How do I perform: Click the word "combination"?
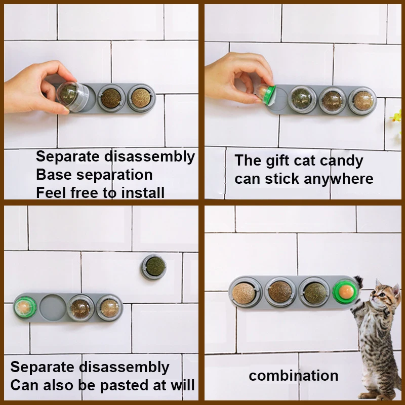(x=294, y=376)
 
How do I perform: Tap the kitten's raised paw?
(x=358, y=281)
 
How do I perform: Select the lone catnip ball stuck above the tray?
(x=153, y=267)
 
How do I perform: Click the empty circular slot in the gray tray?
(x=53, y=308)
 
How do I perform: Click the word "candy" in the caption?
(x=341, y=161)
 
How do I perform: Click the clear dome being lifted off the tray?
(x=72, y=96)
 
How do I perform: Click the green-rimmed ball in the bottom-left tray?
(x=25, y=307)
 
